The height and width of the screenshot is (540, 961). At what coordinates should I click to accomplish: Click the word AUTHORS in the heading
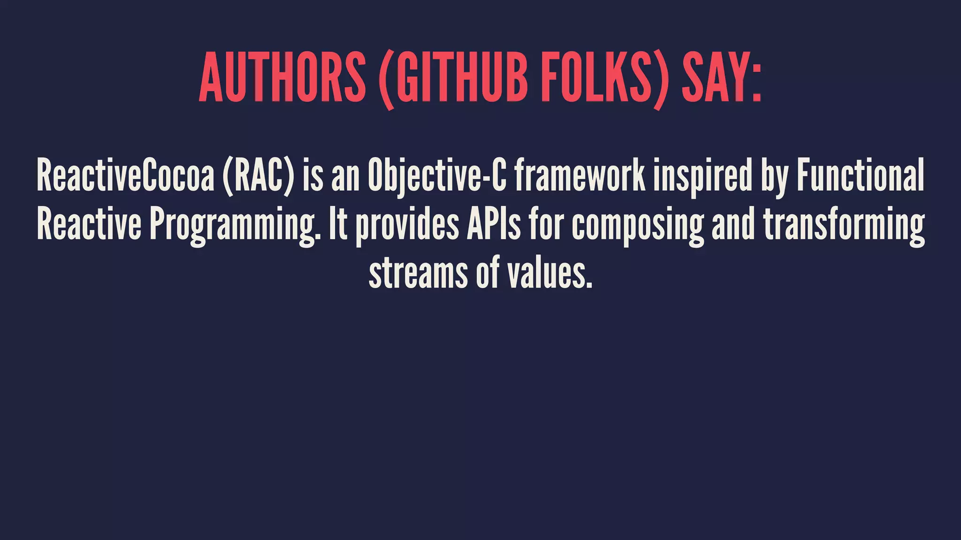coord(282,77)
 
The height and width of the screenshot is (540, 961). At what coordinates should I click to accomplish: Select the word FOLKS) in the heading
coord(603,77)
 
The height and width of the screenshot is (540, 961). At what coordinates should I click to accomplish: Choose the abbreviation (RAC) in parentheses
coord(259,175)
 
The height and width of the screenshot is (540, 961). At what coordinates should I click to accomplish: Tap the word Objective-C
coord(437,175)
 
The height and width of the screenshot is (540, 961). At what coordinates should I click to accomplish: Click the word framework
coord(580,175)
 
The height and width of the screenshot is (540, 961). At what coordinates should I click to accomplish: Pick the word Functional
coord(861,175)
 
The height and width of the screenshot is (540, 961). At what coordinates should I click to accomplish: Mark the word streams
coord(418,273)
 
